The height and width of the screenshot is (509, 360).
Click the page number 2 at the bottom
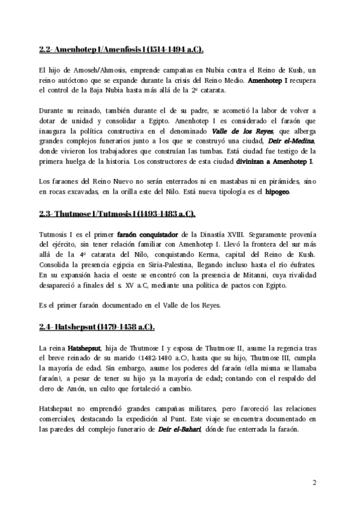[x=314, y=482]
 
